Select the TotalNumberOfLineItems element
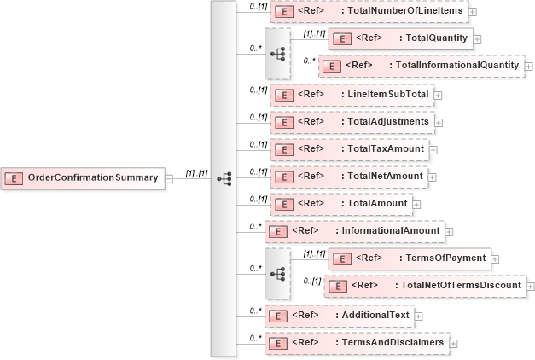368,12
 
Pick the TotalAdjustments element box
352,122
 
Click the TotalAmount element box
340,204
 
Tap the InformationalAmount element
353,231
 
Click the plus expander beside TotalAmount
418,205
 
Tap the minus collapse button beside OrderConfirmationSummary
169,178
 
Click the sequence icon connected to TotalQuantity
277,53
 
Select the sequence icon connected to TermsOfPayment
277,273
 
